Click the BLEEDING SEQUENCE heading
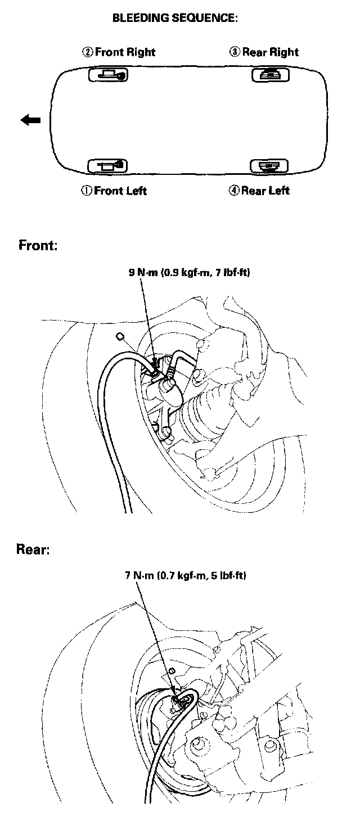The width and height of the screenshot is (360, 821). pos(175,18)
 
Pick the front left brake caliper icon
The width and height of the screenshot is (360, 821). pos(108,165)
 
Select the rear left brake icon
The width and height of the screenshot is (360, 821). pos(269,165)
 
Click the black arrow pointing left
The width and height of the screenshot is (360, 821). pos(30,120)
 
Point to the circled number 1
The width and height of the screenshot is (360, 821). pos(87,191)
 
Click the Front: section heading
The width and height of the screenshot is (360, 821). pos(38,246)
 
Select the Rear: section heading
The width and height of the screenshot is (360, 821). pos(33,549)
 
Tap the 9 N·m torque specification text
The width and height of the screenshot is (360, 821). pos(190,273)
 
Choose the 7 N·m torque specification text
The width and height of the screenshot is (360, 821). pos(186,576)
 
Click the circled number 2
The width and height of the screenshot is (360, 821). pos(88,52)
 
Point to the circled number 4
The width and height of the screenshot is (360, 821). pos(235,191)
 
